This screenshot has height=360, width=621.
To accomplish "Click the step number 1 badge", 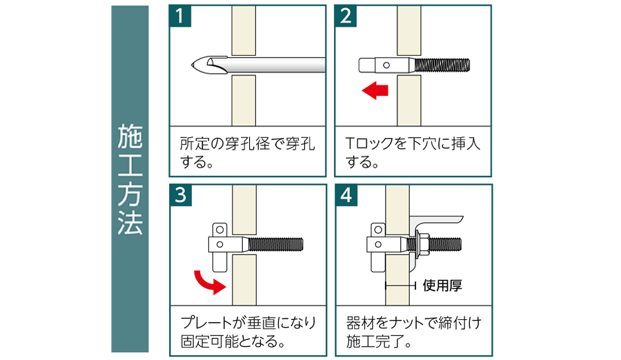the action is coord(180,17).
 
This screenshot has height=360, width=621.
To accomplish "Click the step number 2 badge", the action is coord(346,17).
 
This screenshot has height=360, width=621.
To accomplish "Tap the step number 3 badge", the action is coord(181,195).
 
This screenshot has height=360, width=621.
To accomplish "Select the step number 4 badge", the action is coord(346,195).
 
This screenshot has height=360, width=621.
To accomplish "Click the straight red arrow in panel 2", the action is coord(375,90).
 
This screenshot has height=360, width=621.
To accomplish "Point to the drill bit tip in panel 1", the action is coord(192,65).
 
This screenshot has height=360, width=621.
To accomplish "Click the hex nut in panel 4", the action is coord(422,244).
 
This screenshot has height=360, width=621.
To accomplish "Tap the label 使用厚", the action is coord(442,285).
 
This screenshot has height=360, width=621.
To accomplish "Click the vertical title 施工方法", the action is coord(130,179).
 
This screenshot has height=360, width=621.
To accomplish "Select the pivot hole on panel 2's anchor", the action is coord(386,66).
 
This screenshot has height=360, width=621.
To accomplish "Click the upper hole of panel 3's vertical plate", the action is coord(220,230).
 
